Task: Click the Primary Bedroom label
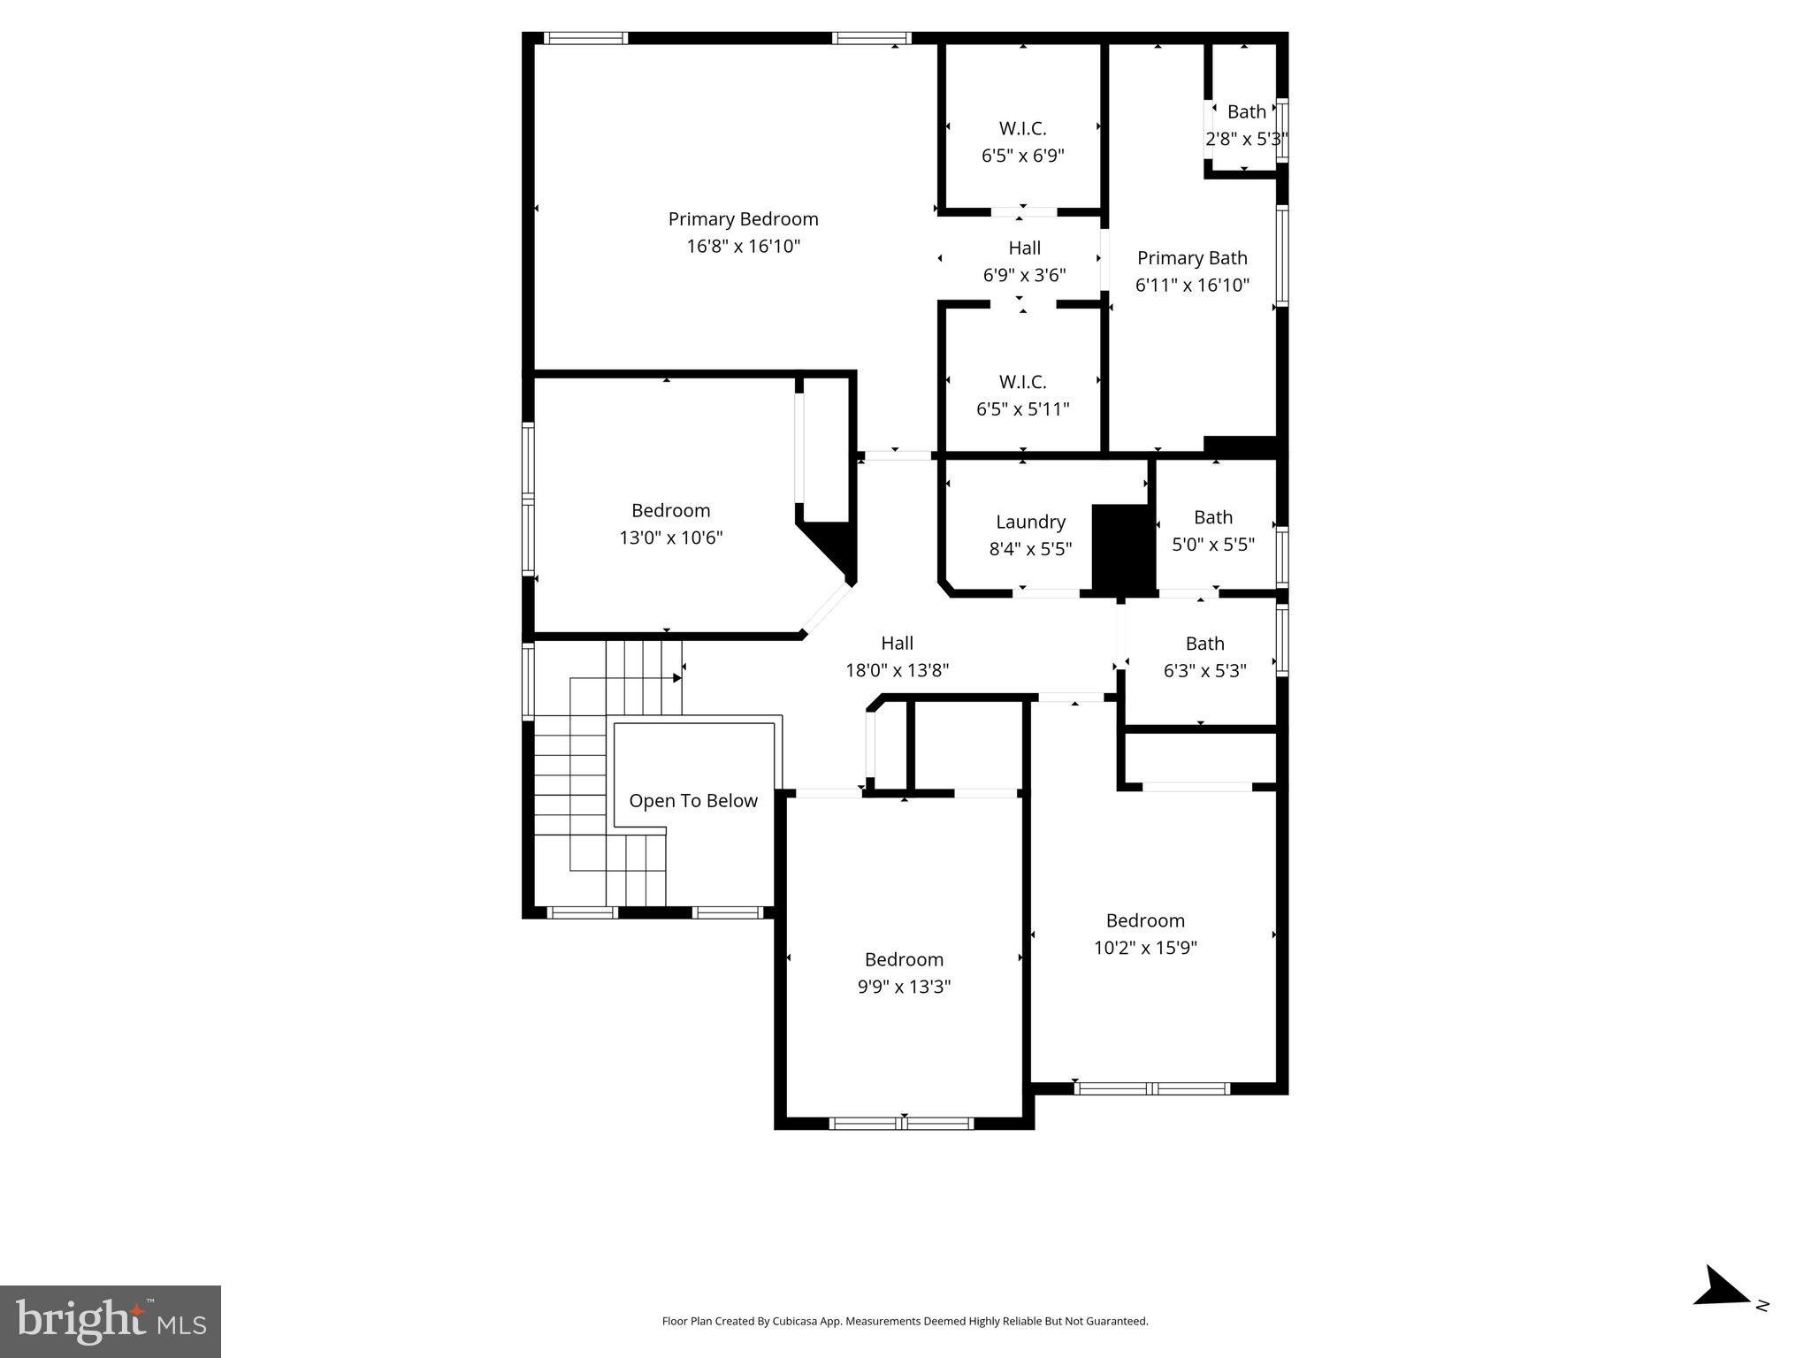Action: tap(743, 219)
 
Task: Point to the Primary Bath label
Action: tap(1191, 258)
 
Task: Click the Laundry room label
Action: tap(1030, 522)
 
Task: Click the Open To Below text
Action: tap(693, 801)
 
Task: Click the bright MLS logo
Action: tap(111, 1321)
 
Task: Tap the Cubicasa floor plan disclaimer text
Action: tap(905, 1321)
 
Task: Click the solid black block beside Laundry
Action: tap(1123, 548)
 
